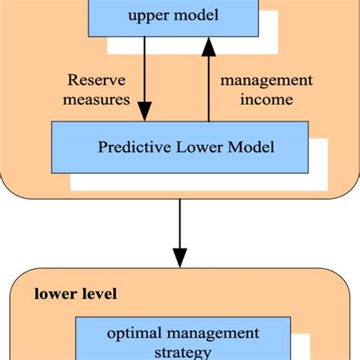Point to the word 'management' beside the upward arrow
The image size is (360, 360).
pyautogui.click(x=266, y=80)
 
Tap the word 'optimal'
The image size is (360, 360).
pyautogui.click(x=134, y=333)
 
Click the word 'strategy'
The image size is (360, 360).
pyautogui.click(x=182, y=352)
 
